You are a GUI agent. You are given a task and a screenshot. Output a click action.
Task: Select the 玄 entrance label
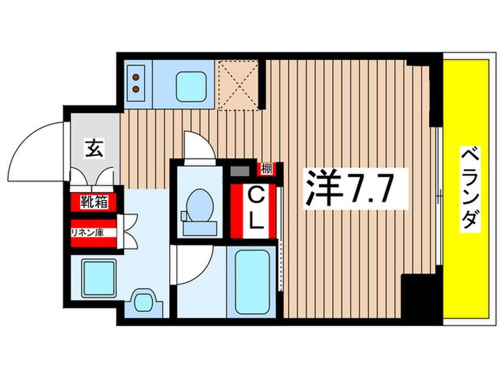pyautogui.click(x=94, y=149)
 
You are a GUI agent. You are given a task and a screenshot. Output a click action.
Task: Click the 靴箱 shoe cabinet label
pyautogui.click(x=94, y=202)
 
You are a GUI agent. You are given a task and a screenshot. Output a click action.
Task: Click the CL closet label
pyautogui.click(x=256, y=208)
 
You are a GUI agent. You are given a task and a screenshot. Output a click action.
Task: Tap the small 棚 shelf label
pyautogui.click(x=266, y=170)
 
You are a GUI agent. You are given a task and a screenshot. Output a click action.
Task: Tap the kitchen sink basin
pyautogui.click(x=191, y=84)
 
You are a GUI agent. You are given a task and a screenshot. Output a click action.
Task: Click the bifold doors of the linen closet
pyautogui.click(x=130, y=232)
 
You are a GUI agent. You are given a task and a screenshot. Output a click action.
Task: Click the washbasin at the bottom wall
pyautogui.click(x=145, y=301)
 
